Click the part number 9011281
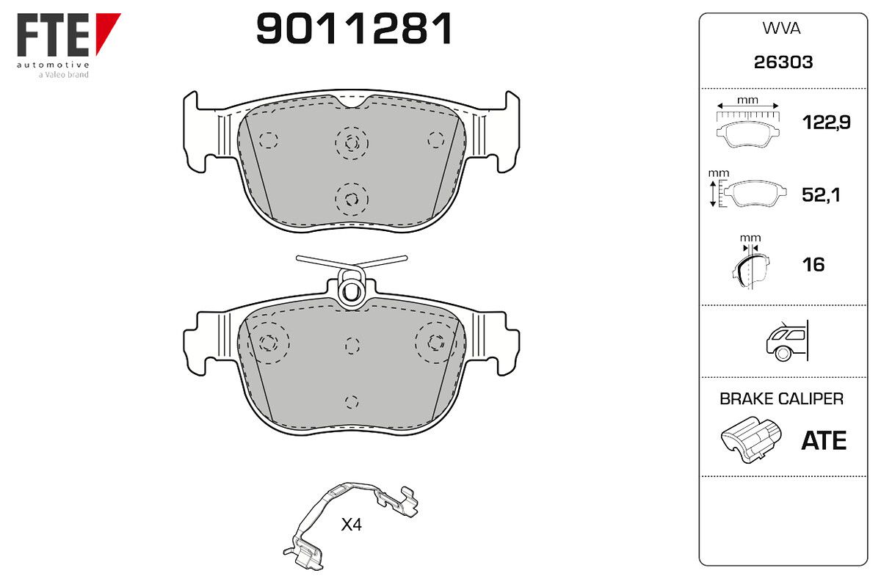354,29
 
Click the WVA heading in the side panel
781,29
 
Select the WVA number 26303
783,62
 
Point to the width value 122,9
827,123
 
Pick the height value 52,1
821,195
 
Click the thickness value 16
813,265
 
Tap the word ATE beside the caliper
824,441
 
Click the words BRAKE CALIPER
781,399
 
